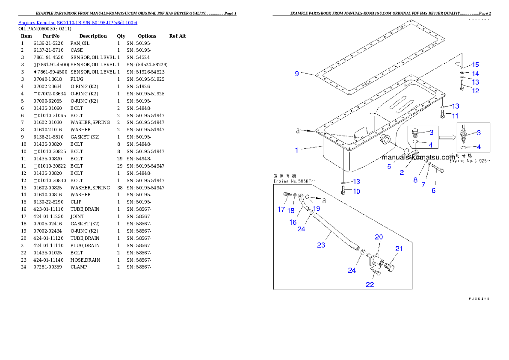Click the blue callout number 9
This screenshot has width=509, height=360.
pos(297,74)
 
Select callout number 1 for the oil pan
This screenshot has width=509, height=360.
pos(296,150)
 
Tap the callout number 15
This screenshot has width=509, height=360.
pos(475,65)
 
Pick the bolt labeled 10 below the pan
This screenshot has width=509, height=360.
pos(343,191)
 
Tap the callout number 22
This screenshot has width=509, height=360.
pos(370,284)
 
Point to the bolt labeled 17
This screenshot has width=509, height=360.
pos(287,195)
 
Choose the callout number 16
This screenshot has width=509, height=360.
pos(293,222)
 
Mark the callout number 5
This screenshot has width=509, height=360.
pos(389,167)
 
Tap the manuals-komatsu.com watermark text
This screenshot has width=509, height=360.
pos(418,157)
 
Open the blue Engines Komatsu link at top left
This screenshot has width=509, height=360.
pos(77,22)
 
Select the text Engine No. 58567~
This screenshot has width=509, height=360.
pos(294,181)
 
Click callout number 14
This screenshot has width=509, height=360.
pos(475,74)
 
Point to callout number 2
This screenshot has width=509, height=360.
pos(402,172)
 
